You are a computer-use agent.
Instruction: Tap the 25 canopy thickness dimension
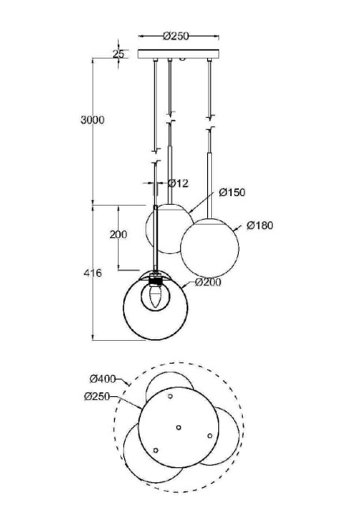pyautogui.click(x=119, y=54)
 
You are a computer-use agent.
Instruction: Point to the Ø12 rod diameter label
pyautogui.click(x=178, y=183)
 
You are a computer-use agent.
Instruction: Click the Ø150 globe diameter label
pyautogui.click(x=232, y=192)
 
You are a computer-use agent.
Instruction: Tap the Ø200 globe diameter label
pyautogui.click(x=207, y=282)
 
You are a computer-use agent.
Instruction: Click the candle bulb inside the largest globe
pyautogui.click(x=155, y=298)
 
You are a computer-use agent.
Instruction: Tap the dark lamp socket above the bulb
pyautogui.click(x=156, y=279)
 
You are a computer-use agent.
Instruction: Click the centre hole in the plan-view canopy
pyautogui.click(x=179, y=428)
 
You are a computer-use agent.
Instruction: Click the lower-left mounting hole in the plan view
pyautogui.click(x=155, y=450)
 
